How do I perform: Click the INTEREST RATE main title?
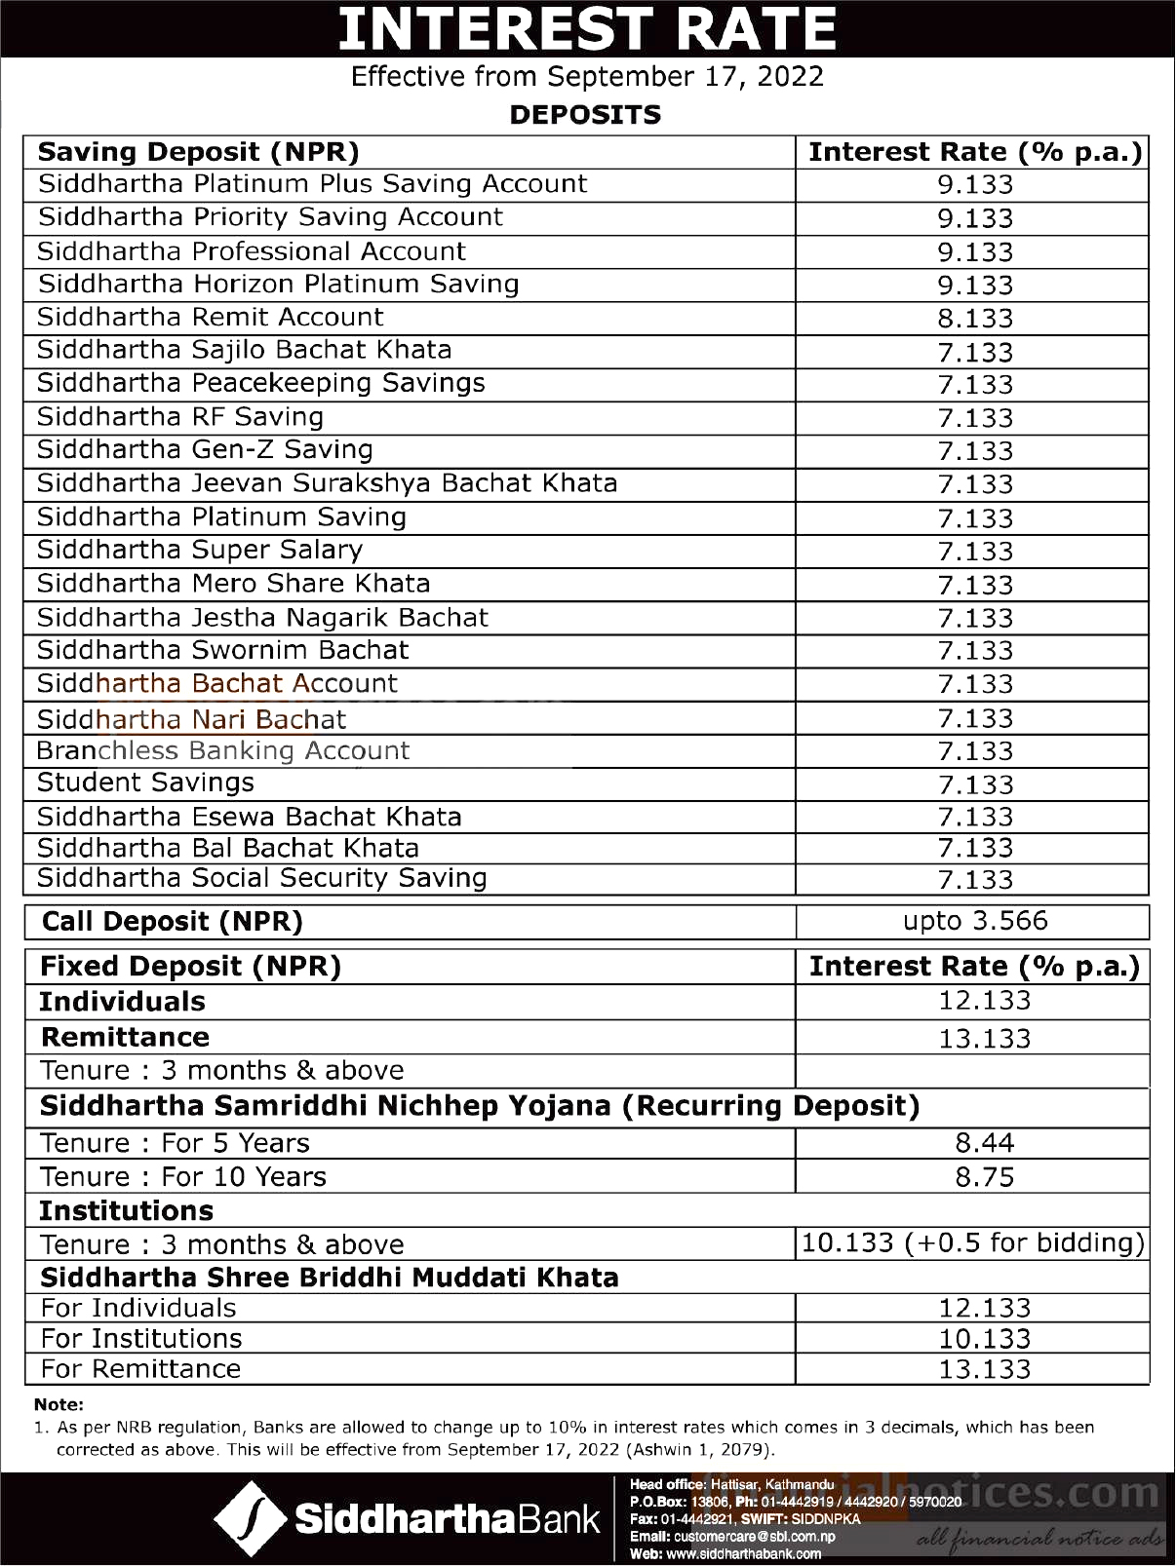[587, 29]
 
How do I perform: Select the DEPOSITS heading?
[585, 115]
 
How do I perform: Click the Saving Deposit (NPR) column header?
[199, 153]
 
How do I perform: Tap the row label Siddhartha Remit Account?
[211, 318]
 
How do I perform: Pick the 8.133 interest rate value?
[975, 319]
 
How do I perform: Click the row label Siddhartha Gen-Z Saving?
[206, 450]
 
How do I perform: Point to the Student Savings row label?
[145, 783]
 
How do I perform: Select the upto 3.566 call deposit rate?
[975, 921]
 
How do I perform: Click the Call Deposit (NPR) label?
[173, 922]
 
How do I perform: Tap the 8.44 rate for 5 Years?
[985, 1143]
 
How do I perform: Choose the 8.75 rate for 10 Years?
[985, 1177]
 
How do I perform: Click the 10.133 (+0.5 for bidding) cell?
[972, 1243]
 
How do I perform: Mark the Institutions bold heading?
[126, 1211]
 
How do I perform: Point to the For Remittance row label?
[140, 1369]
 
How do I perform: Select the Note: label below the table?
[59, 1404]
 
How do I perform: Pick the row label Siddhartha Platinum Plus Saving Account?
[313, 185]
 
